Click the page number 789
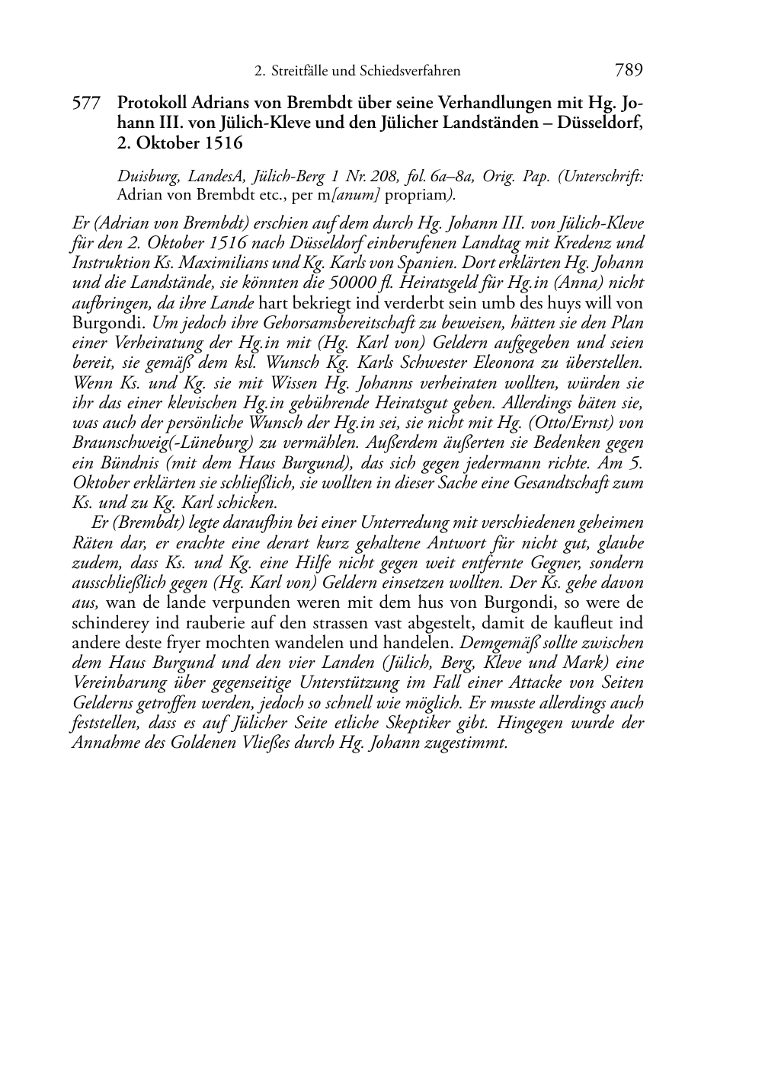pyautogui.click(x=628, y=71)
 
